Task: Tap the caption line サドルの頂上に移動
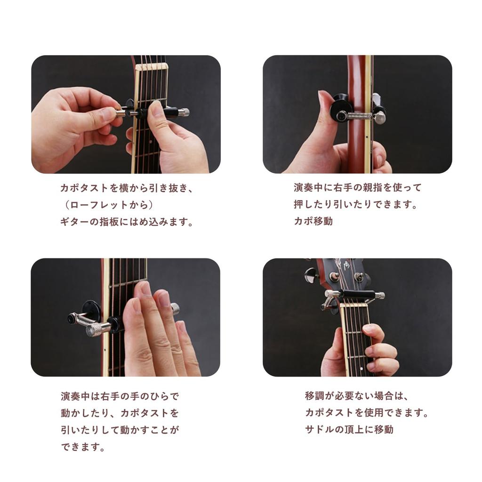[349, 429]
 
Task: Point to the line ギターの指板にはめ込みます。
[127, 222]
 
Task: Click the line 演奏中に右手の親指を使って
[358, 188]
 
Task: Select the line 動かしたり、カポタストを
[120, 413]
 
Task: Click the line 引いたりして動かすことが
[120, 430]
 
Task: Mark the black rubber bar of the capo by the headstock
[358, 295]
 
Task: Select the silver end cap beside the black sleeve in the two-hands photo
[185, 112]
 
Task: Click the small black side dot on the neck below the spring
[366, 143]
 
